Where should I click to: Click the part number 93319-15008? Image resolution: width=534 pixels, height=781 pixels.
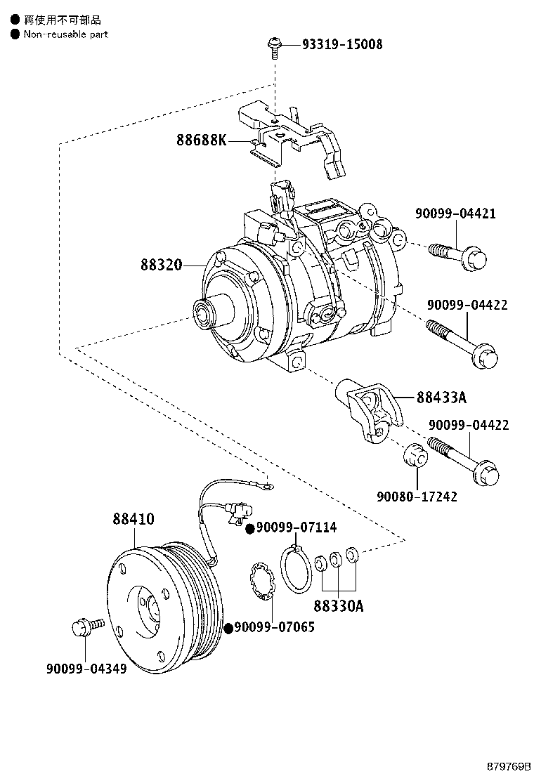[342, 44]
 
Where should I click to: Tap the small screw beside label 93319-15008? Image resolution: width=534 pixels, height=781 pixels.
[273, 47]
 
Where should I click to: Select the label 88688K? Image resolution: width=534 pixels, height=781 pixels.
[202, 140]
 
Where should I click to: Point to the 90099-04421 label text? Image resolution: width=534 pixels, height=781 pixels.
[455, 214]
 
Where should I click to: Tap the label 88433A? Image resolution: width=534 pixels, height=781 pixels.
[441, 398]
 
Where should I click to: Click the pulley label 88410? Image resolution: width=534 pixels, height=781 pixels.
[133, 519]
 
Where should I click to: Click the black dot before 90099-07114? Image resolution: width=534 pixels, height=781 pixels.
[249, 528]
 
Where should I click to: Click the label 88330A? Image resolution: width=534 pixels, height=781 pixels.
[339, 605]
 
